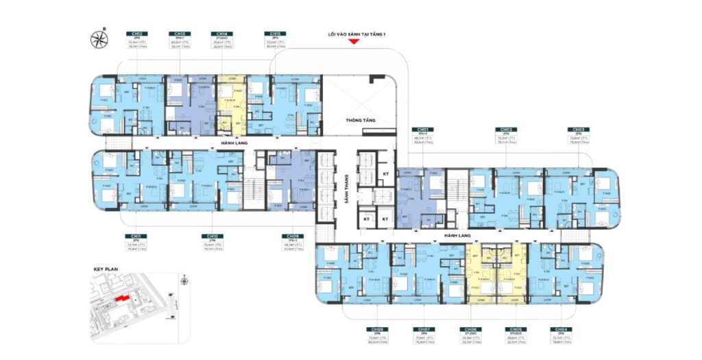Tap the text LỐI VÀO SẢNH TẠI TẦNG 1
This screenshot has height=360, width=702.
[354, 34]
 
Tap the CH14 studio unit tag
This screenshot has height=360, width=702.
[221, 34]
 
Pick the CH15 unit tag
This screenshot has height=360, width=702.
[274, 34]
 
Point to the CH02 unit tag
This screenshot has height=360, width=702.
[507, 129]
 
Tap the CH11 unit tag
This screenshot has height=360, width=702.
[134, 236]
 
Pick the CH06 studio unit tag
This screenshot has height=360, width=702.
[470, 328]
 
